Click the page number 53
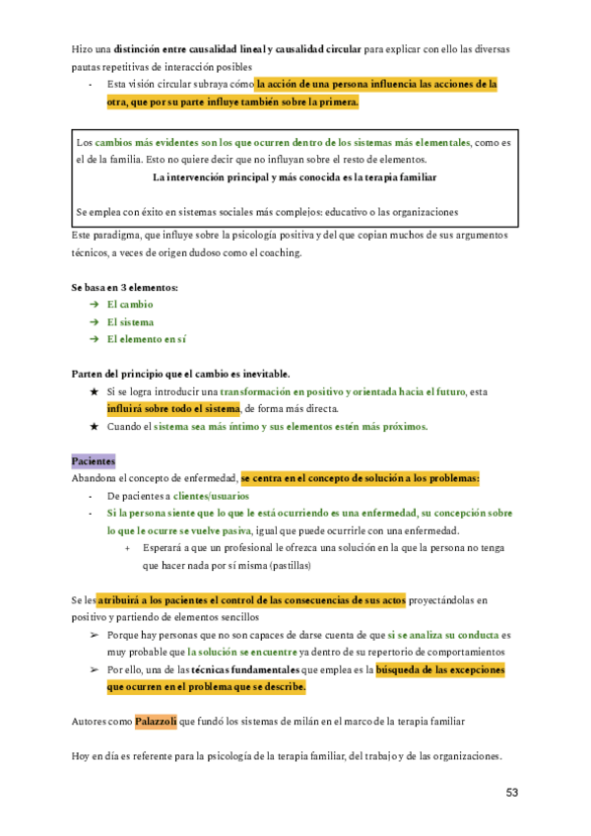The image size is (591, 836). coord(512,793)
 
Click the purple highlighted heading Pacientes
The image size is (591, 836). coord(94,460)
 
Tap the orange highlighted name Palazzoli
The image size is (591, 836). coord(157,721)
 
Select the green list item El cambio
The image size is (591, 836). coord(130,305)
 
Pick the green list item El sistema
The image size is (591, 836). coord(130,321)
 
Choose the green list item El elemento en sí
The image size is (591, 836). coord(147,339)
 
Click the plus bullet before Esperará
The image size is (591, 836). coord(128,548)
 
